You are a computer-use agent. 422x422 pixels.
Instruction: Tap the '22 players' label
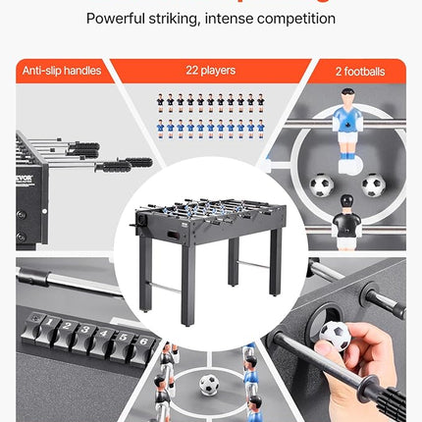(210, 71)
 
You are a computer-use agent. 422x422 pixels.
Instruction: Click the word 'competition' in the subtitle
(296, 19)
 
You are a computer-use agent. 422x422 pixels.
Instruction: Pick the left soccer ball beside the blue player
(321, 185)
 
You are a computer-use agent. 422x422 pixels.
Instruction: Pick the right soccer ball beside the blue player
(372, 185)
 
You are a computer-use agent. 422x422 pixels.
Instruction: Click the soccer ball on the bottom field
(209, 385)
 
